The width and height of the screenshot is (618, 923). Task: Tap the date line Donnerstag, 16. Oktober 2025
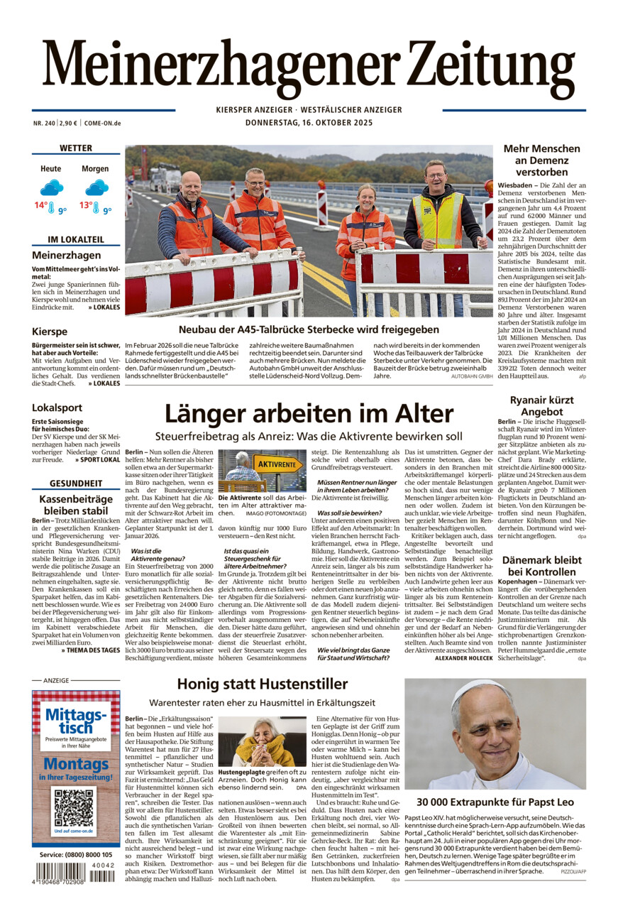(309, 122)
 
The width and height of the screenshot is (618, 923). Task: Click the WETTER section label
(76, 148)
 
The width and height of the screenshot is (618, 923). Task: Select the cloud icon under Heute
(51, 187)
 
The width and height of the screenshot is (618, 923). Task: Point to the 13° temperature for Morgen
(87, 206)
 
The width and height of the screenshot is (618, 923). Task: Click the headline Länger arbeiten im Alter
(309, 414)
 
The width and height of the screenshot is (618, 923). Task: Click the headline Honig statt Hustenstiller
(263, 684)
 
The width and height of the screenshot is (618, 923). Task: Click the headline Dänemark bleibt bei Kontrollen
(542, 565)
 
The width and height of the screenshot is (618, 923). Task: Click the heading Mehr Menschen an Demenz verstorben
(542, 160)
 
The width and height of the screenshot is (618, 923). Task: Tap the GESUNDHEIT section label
(76, 484)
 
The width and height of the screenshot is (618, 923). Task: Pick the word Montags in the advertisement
(75, 765)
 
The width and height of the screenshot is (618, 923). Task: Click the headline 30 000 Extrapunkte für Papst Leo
(495, 802)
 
